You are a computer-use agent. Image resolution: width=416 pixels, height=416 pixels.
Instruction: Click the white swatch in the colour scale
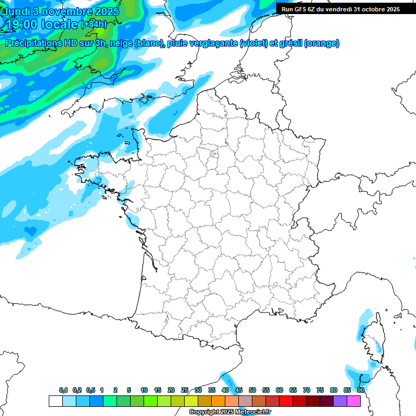click(55, 401)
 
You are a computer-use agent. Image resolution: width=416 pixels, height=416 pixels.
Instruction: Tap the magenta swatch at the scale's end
click(354, 401)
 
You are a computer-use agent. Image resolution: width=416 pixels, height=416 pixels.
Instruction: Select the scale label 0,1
click(63, 390)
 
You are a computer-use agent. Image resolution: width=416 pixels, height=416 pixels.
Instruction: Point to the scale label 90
click(360, 390)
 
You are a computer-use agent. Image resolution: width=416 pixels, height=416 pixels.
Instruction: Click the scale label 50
click(252, 390)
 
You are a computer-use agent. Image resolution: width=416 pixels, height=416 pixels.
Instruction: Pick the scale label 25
click(185, 390)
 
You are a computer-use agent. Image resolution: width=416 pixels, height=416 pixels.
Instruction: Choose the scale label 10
click(144, 390)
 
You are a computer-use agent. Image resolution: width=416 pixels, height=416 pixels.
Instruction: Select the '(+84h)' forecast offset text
click(93, 24)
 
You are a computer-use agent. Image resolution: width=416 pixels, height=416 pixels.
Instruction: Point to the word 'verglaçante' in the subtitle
click(213, 43)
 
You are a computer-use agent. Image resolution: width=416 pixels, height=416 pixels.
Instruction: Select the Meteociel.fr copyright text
click(230, 412)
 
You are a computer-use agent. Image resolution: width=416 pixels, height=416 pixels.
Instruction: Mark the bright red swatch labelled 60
click(286, 401)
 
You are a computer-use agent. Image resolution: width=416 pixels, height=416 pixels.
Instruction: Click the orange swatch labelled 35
click(218, 401)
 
